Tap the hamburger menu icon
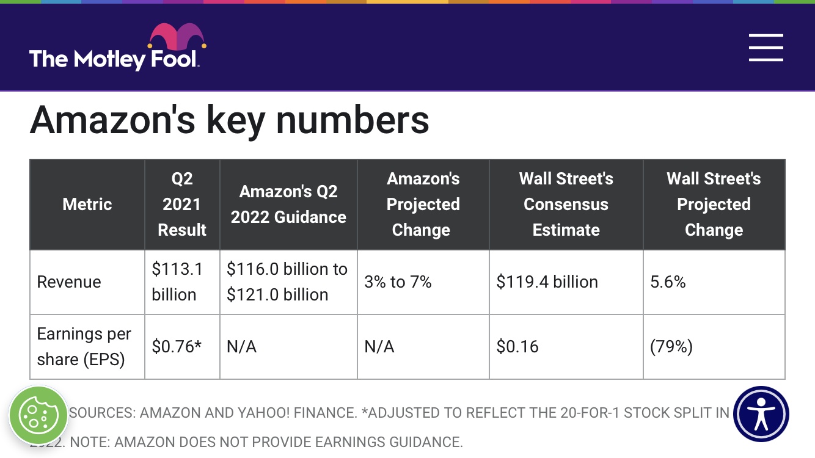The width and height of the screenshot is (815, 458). click(766, 48)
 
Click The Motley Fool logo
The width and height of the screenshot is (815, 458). click(114, 59)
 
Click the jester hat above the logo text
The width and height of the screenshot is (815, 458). click(177, 37)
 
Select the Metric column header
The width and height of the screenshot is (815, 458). click(87, 204)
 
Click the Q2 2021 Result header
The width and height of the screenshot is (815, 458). click(182, 204)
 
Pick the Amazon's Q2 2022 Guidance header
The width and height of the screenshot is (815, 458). click(288, 204)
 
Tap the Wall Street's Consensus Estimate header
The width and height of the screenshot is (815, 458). click(566, 204)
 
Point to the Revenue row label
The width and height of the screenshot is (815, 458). click(69, 282)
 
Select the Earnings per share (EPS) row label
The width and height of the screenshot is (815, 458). click(84, 346)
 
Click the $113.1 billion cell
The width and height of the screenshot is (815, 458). click(177, 282)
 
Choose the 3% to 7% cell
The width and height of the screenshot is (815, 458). click(398, 282)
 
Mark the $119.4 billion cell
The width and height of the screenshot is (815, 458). click(547, 282)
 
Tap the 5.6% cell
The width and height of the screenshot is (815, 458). click(668, 282)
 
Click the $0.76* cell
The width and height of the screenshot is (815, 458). click(177, 347)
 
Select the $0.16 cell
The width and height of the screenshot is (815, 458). click(517, 347)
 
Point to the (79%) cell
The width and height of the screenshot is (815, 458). click(671, 347)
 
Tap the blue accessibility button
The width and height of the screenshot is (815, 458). click(761, 414)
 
